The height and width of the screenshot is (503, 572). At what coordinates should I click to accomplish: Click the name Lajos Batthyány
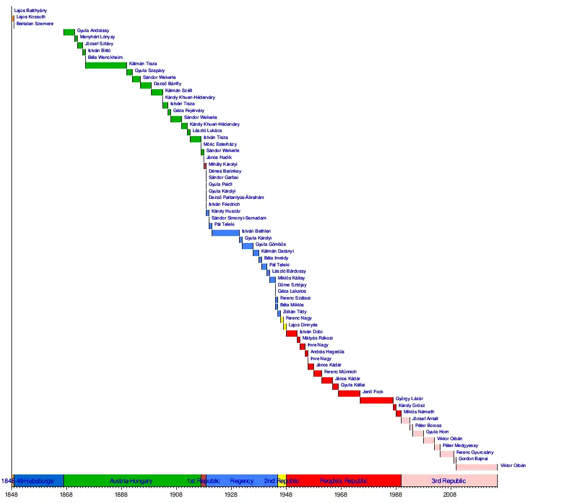click(x=31, y=10)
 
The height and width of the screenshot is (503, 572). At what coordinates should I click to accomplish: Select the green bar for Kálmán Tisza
click(x=106, y=65)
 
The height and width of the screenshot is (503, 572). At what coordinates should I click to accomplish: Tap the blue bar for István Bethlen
click(x=225, y=233)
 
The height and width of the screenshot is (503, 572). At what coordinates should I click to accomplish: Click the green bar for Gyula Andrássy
click(x=69, y=32)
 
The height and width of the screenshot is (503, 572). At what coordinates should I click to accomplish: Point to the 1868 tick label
click(x=66, y=494)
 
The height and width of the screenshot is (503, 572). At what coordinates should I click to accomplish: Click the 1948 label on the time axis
click(x=286, y=494)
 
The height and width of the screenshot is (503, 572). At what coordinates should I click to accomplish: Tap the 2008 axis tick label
click(x=451, y=494)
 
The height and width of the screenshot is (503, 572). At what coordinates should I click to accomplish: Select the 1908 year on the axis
click(x=176, y=494)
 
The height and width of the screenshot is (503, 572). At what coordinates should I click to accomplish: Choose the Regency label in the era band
click(x=242, y=481)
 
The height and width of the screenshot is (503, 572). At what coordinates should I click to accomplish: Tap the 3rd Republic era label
click(x=448, y=481)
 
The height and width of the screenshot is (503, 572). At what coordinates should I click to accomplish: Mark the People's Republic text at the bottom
click(x=344, y=481)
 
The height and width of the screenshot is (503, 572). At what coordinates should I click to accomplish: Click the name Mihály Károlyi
click(x=222, y=164)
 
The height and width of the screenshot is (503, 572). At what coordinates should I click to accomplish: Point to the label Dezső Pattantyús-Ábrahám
click(x=236, y=197)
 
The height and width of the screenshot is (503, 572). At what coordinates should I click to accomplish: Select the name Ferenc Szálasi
click(x=295, y=298)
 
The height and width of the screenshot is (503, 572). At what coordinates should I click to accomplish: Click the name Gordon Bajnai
click(x=474, y=458)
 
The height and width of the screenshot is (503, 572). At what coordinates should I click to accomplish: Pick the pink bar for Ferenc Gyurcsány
click(x=447, y=454)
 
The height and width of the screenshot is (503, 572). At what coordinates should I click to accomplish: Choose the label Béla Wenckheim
click(x=105, y=57)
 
